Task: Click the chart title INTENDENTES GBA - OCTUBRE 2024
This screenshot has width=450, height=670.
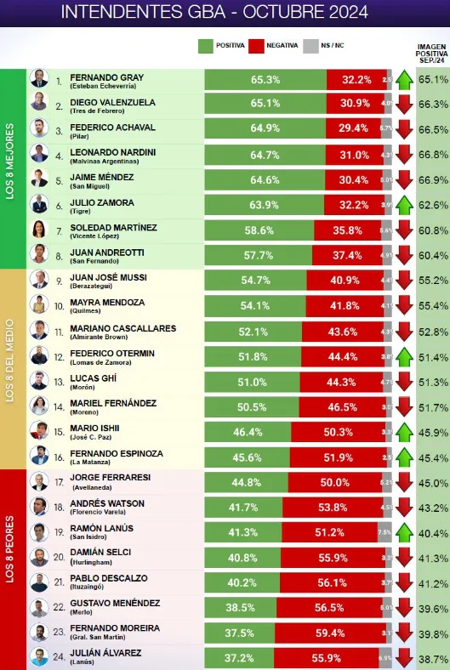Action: tap(225, 12)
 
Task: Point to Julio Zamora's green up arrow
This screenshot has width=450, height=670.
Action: tap(404, 204)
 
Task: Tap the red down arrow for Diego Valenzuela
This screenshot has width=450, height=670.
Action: tap(404, 105)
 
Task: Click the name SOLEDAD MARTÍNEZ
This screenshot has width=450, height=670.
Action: tap(112, 227)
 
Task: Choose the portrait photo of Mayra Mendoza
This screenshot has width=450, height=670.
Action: tap(39, 304)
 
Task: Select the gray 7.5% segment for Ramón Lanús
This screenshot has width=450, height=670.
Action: tap(384, 532)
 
